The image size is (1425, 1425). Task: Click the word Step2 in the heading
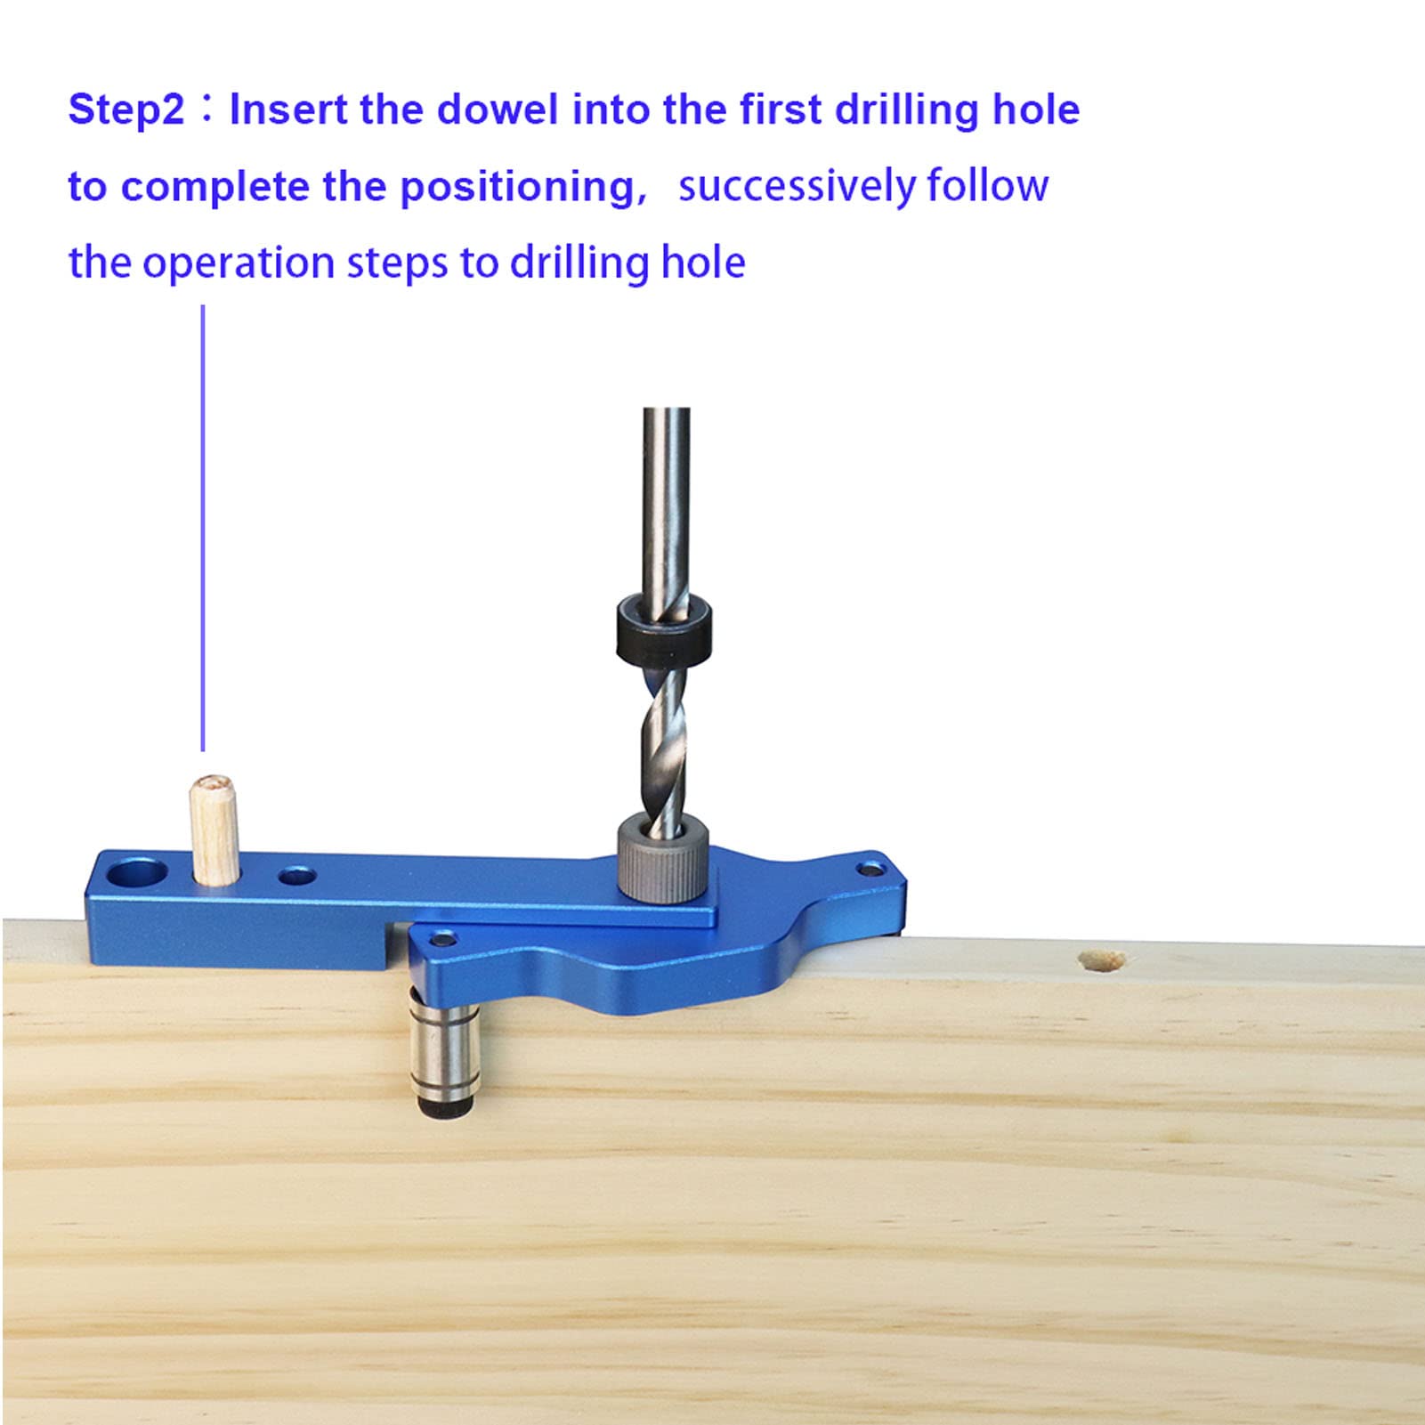tap(126, 110)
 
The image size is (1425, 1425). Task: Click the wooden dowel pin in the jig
tap(214, 830)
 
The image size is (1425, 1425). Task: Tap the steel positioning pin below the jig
tap(443, 1050)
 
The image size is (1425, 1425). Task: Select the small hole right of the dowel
tap(297, 877)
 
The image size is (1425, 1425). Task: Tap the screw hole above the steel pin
tap(441, 939)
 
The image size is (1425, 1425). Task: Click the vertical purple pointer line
tap(203, 529)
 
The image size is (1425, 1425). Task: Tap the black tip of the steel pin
tap(444, 1107)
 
